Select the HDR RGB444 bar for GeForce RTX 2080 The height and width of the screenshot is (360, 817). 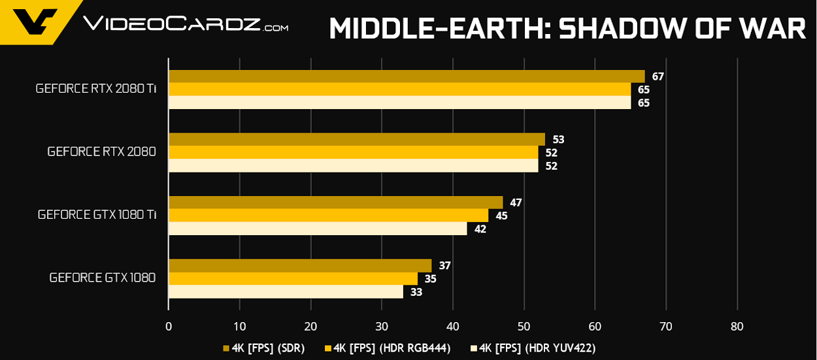353,152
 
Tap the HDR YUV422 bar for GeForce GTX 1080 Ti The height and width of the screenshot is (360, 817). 318,229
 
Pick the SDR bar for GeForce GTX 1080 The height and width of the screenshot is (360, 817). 300,265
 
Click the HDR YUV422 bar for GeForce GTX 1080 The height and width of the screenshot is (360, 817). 286,292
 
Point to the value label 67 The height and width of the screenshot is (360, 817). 658,76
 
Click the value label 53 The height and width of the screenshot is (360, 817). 558,139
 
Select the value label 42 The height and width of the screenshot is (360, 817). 480,229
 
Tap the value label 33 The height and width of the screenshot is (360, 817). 416,292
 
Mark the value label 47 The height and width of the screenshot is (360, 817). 516,203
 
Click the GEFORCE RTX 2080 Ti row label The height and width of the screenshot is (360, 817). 95,89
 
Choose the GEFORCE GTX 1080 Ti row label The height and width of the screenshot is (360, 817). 97,215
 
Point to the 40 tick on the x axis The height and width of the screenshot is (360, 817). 453,327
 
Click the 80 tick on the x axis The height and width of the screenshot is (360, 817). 737,327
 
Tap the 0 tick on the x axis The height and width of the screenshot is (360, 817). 169,327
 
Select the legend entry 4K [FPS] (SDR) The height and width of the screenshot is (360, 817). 264,348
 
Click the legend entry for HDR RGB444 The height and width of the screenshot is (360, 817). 387,348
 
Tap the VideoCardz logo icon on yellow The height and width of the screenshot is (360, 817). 36,22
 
